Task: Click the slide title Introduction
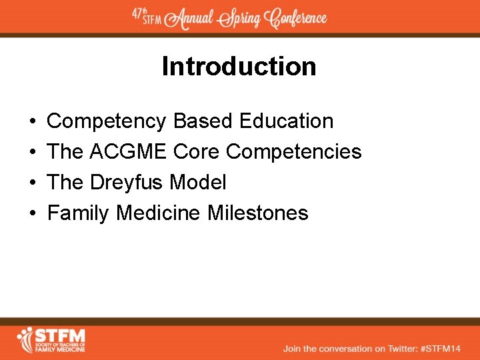(x=239, y=67)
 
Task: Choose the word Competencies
(x=293, y=152)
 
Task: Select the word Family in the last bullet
(x=79, y=213)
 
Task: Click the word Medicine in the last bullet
(x=158, y=213)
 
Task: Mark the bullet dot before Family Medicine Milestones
(x=33, y=214)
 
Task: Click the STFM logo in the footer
(x=51, y=339)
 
